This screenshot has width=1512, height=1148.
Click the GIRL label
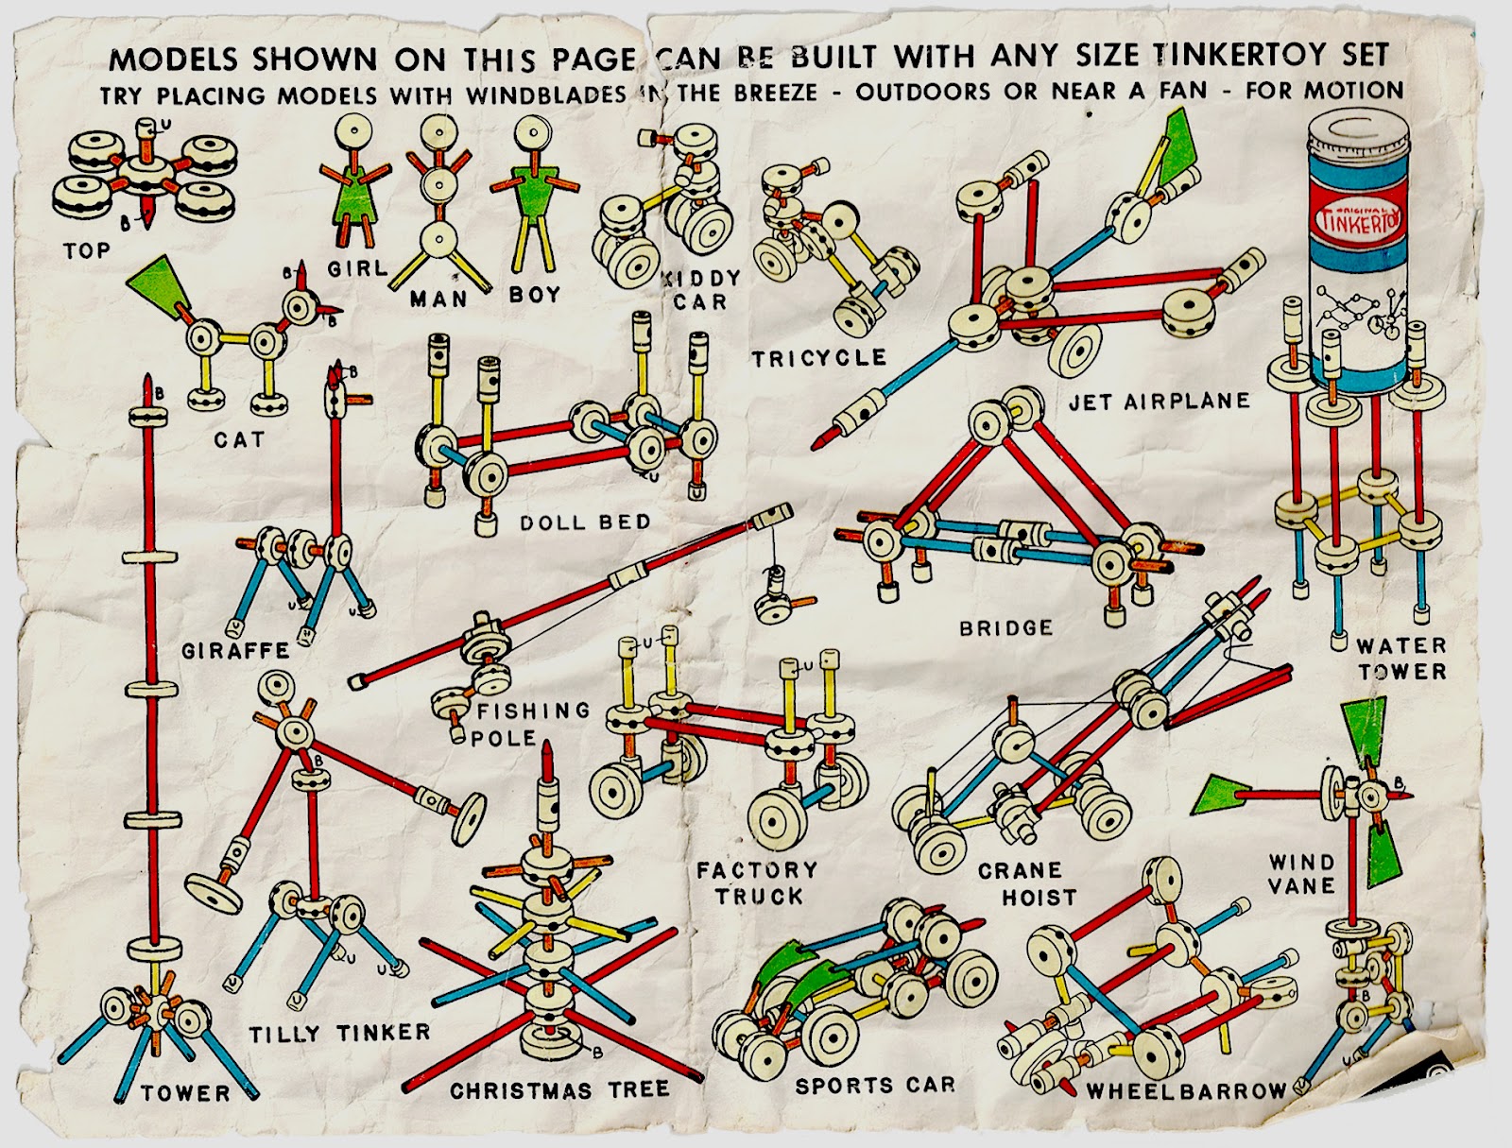(x=357, y=269)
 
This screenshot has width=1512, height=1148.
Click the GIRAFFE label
(x=235, y=651)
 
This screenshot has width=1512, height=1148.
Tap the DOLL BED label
(x=585, y=523)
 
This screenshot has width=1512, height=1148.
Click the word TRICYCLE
(x=819, y=359)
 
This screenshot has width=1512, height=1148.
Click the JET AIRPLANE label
(x=1160, y=402)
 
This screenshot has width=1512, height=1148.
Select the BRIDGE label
(x=1005, y=628)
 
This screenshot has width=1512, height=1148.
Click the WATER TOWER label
(x=1401, y=659)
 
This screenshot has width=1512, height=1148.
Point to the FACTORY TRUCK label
(x=757, y=882)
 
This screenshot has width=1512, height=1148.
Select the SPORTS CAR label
(x=875, y=1086)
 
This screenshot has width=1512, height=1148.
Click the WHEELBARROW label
(x=1186, y=1091)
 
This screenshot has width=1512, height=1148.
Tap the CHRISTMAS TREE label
(x=559, y=1090)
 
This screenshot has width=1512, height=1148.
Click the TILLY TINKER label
(x=339, y=1033)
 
